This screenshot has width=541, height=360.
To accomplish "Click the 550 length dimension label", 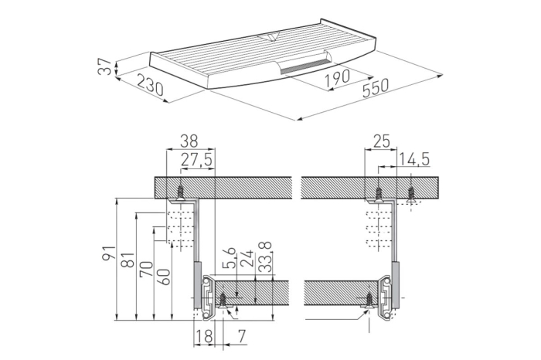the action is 376,88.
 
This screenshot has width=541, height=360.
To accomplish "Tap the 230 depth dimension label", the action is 150,84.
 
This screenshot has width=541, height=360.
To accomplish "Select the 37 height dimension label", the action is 104,66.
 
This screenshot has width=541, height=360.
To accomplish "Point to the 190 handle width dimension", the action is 337,78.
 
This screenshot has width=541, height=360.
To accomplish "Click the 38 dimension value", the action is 189,141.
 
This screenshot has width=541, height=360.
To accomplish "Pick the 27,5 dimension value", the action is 196,161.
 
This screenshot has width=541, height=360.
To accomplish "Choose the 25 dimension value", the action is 381,141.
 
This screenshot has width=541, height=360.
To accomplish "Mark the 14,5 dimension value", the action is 414,160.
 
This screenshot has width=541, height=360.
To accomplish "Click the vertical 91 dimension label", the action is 109,253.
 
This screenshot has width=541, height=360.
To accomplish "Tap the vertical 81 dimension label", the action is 128,260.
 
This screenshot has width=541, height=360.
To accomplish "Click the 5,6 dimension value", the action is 230,257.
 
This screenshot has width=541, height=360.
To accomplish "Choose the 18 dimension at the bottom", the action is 203,336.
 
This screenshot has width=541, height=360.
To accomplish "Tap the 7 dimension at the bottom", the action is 242,336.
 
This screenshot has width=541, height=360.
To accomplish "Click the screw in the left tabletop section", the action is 180,193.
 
